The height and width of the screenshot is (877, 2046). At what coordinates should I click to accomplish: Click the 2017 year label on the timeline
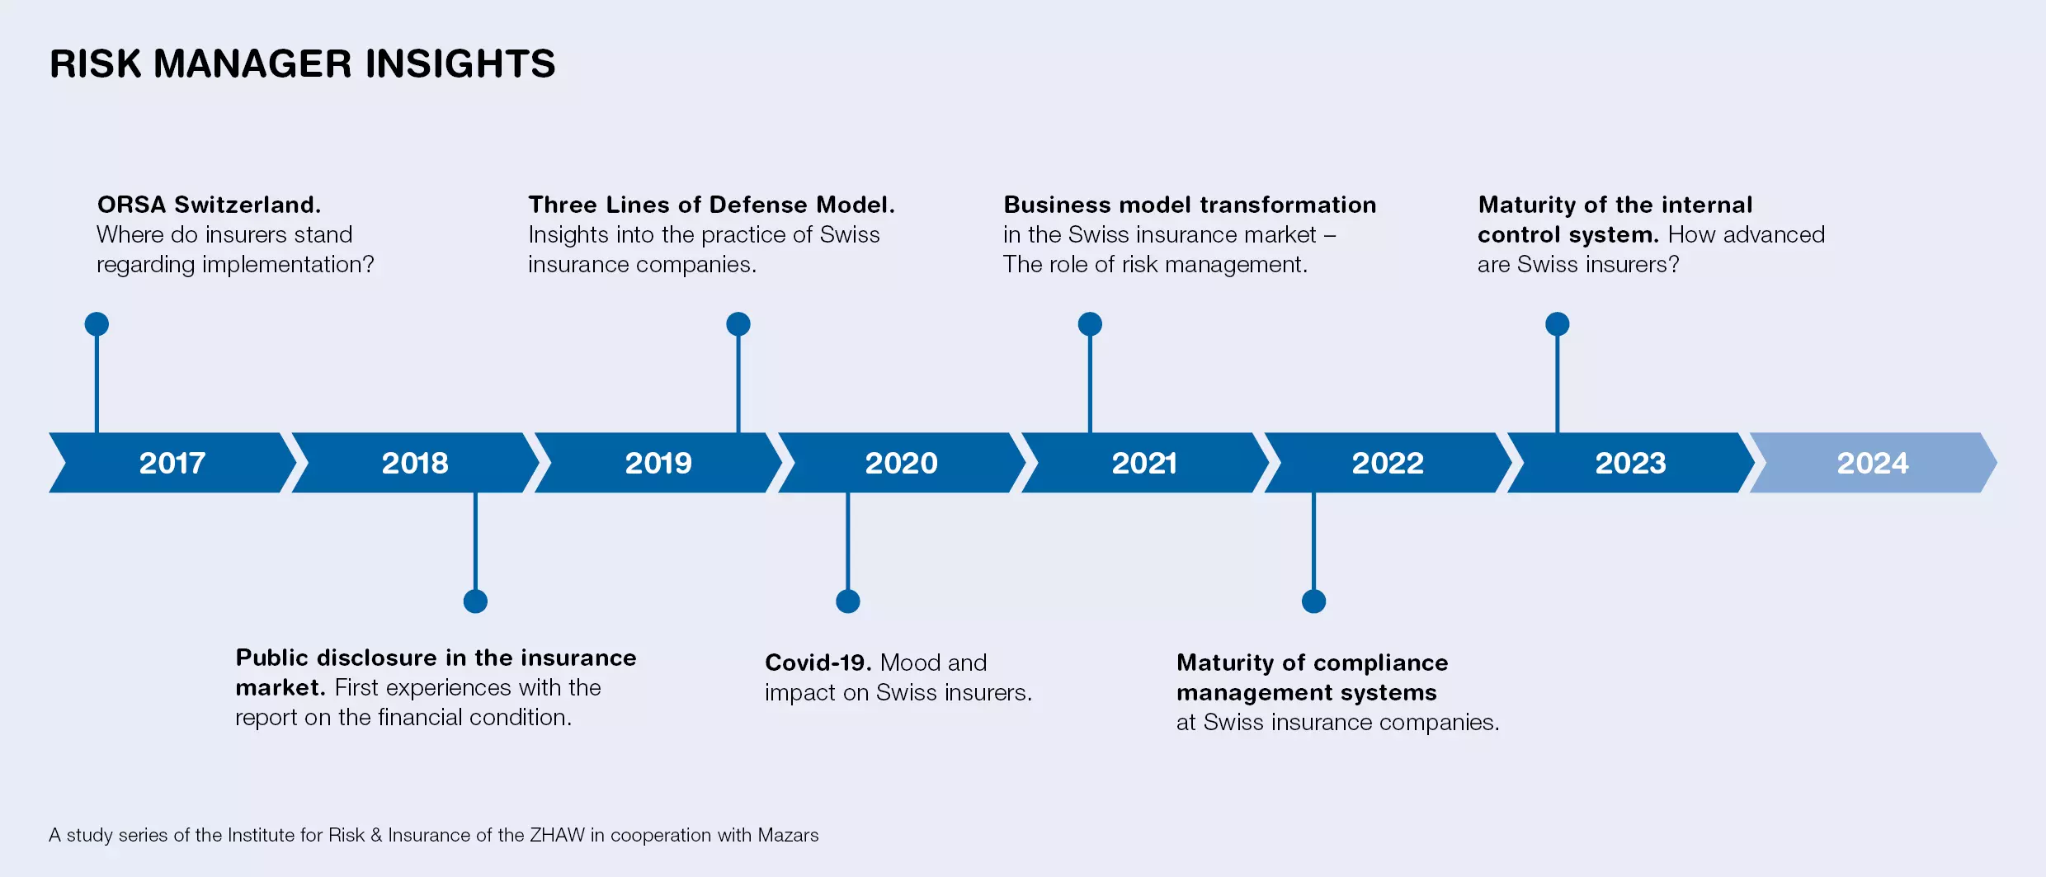172,463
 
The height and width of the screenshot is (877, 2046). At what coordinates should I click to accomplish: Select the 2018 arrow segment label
415,463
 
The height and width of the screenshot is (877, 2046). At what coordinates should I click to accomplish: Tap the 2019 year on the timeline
658,463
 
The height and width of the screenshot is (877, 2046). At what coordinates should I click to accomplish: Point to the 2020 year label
901,463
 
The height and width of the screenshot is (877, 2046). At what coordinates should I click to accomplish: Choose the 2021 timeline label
1144,463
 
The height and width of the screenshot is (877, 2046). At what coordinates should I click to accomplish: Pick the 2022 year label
1388,463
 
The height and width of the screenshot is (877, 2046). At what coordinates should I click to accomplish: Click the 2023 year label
1630,463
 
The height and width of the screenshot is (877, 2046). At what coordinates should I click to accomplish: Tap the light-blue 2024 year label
1873,463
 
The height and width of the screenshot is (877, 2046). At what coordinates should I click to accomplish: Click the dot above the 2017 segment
97,324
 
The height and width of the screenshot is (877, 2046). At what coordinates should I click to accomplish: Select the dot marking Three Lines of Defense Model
738,324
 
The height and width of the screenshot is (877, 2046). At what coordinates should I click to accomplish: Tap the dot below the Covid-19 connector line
848,601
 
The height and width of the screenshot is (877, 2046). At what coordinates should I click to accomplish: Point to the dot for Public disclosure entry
475,601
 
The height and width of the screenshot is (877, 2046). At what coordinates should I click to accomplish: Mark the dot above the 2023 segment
1558,324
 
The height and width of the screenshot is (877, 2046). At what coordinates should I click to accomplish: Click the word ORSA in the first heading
131,205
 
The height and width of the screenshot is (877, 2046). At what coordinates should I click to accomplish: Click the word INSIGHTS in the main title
460,64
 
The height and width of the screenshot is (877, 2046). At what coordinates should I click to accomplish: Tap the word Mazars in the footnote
788,835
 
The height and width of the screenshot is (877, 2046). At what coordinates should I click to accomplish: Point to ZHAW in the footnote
557,835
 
